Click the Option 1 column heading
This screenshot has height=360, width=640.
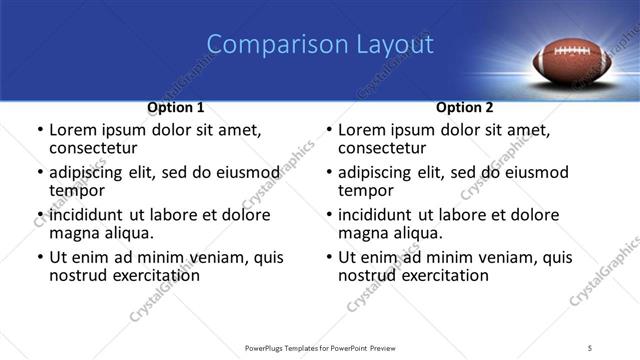coord(176,107)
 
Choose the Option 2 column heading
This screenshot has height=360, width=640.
coord(465,107)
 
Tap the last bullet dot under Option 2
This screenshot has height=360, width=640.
coord(328,257)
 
